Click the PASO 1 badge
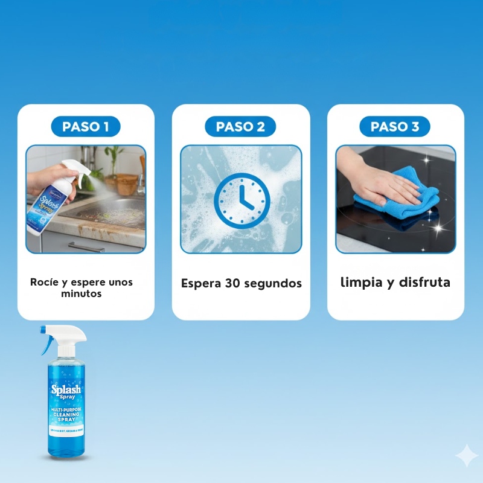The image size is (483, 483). (85, 126)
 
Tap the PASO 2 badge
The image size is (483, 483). (240, 126)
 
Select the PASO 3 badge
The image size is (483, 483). (395, 126)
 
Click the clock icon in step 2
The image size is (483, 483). (241, 199)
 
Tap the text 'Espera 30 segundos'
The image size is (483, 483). (241, 283)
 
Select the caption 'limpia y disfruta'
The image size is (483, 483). (395, 282)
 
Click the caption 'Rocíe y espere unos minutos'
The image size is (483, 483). (82, 287)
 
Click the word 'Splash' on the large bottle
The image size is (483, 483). (66, 389)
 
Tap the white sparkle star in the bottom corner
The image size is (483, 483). (466, 456)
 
